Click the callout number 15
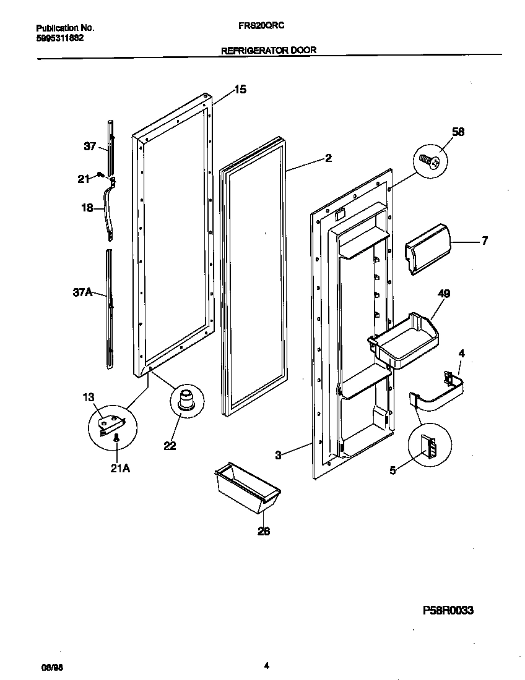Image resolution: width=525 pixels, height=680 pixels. click(240, 90)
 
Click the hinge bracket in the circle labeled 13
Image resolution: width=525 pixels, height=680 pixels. click(111, 423)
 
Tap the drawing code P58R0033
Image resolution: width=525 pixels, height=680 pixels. click(448, 610)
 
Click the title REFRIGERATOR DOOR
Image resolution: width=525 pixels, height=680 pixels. click(269, 51)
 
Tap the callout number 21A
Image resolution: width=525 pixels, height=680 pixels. click(119, 469)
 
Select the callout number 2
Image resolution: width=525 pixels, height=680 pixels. click(328, 158)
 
